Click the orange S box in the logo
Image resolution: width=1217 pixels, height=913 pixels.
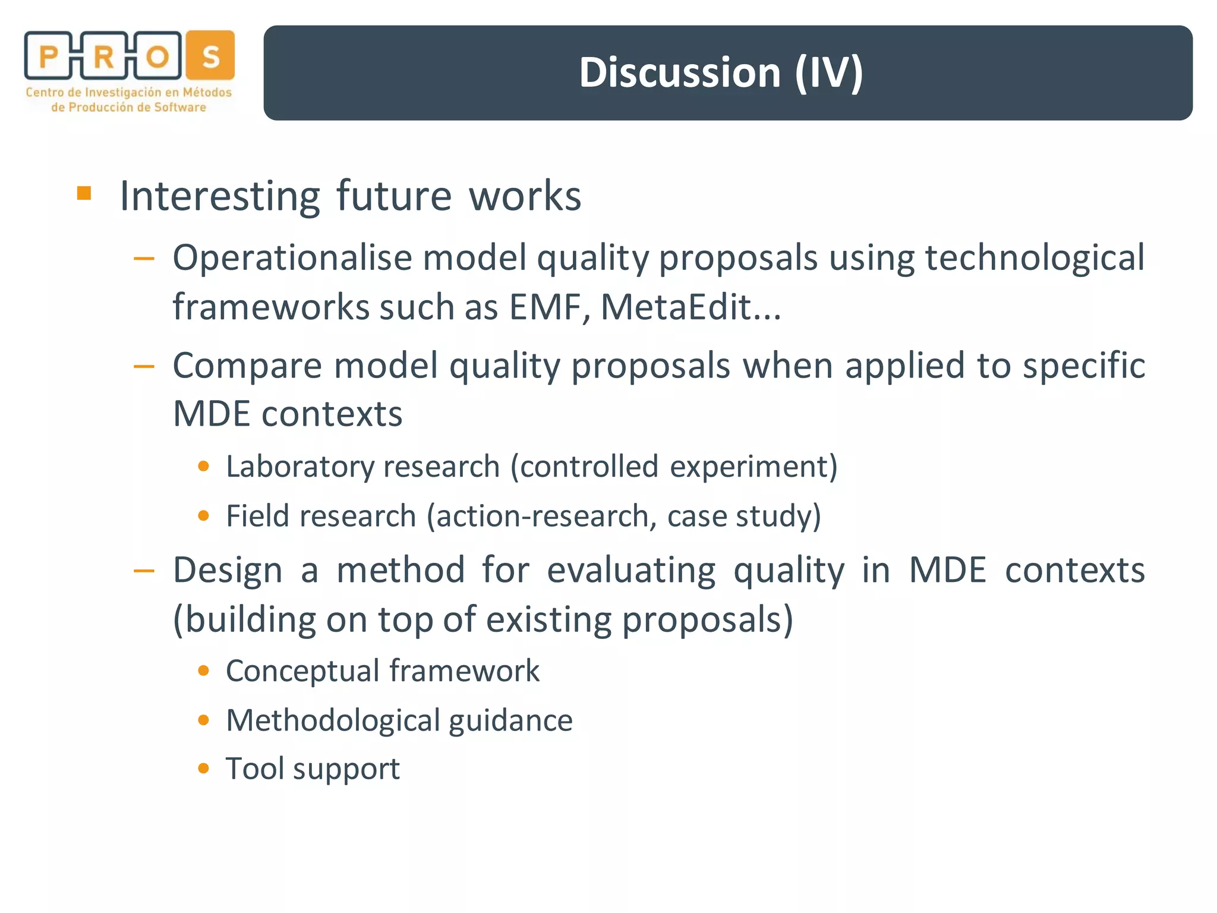pos(210,56)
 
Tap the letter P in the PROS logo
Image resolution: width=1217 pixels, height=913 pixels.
pos(49,57)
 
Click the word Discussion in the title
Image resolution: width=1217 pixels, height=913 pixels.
pos(680,73)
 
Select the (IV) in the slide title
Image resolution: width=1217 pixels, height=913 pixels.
pos(829,73)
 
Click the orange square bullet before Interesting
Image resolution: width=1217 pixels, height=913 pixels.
pos(84,194)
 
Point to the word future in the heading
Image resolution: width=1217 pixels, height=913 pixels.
pos(394,196)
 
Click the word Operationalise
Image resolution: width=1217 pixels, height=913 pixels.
pos(292,259)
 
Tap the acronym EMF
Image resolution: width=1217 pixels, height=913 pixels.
pos(545,308)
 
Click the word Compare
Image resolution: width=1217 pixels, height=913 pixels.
pos(247,366)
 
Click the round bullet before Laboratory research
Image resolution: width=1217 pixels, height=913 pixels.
pos(204,466)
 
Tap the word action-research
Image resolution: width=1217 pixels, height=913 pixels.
pos(542,516)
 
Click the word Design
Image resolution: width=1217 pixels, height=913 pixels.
pos(228,570)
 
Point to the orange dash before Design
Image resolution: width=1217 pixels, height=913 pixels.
pos(144,571)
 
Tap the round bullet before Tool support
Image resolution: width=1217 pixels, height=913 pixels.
pos(204,769)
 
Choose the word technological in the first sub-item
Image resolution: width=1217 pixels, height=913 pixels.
pos(1035,259)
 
